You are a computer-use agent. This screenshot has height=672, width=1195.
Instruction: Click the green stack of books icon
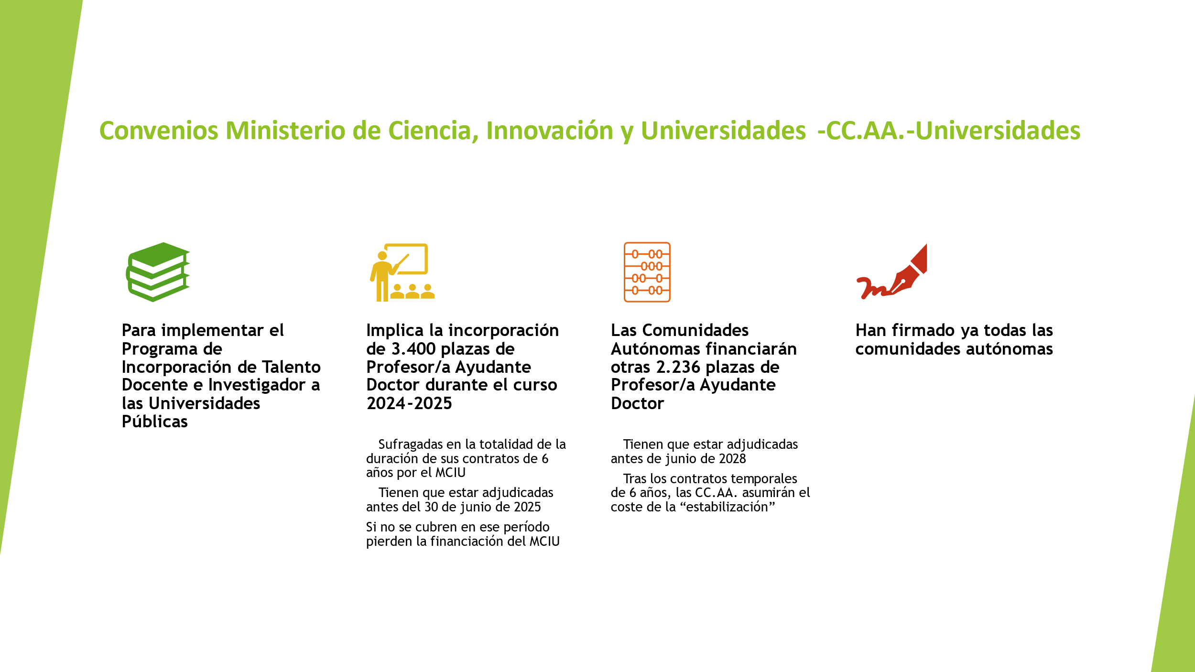coord(158,272)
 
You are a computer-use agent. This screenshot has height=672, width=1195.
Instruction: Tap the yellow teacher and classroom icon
coord(402,272)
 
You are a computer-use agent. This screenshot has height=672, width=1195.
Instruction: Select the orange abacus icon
coord(647,272)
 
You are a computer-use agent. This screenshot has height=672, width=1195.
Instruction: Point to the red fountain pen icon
coord(891,271)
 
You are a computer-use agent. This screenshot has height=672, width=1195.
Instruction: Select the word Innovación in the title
coord(550,130)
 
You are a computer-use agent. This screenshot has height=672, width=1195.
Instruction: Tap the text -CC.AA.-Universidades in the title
coord(949,130)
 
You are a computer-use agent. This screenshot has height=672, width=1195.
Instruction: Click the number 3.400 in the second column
coord(413,349)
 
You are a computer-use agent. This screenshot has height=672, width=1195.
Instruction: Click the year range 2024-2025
coord(409,403)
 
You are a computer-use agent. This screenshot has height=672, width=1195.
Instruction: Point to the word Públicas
coord(155,422)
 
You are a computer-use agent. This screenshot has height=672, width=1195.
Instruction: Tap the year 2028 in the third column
coord(732,459)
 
